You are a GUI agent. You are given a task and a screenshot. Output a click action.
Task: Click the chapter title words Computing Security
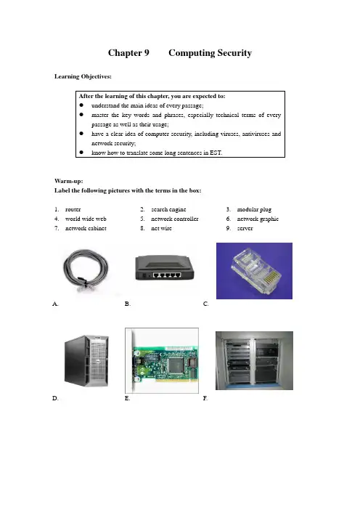click(210, 53)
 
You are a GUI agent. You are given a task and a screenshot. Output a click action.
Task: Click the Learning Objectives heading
click(83, 76)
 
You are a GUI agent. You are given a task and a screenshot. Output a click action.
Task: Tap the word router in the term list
click(73, 209)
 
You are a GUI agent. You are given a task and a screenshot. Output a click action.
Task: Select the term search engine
click(168, 210)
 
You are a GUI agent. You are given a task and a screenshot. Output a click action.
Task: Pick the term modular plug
click(254, 210)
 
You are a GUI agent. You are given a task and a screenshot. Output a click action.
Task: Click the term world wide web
click(86, 219)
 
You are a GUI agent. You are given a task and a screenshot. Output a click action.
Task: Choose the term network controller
click(174, 219)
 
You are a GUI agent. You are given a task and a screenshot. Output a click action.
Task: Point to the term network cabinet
click(86, 228)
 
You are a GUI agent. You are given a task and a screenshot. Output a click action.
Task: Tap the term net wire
click(161, 228)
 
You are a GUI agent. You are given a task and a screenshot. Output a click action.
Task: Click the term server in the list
click(245, 228)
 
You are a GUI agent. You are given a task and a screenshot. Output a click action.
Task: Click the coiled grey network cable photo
click(86, 270)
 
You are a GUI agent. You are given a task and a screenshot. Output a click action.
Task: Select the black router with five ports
click(165, 268)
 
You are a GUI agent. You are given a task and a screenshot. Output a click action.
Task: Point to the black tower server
click(86, 361)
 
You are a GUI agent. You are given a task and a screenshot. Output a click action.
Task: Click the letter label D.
click(55, 398)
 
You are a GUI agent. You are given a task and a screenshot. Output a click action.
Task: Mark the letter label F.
click(205, 398)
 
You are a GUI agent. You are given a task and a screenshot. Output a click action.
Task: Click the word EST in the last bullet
click(216, 153)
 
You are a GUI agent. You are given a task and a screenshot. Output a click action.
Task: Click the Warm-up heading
click(68, 181)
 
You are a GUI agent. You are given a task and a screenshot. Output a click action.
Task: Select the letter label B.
click(127, 304)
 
